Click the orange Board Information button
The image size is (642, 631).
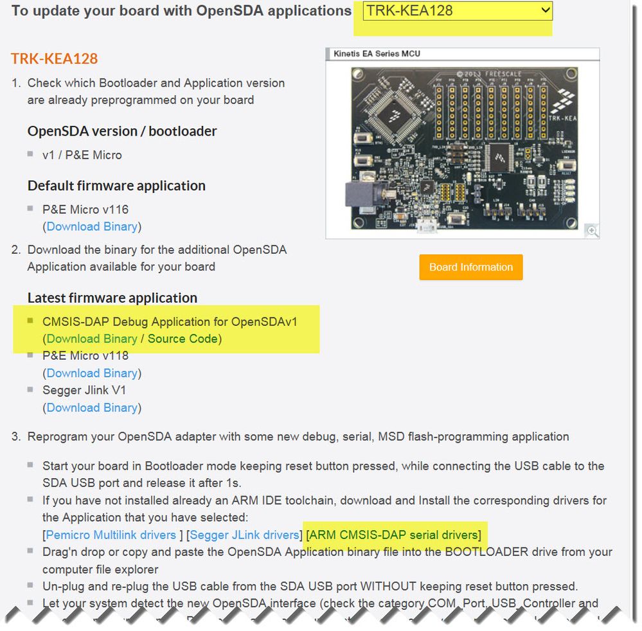point(471,267)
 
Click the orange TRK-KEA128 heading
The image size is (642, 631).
point(54,58)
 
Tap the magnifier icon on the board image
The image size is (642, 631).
point(592,231)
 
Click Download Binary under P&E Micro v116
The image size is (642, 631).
point(92,226)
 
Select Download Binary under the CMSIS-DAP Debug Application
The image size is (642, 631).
point(92,339)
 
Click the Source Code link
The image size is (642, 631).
point(183,339)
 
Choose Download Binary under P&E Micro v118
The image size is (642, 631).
point(92,373)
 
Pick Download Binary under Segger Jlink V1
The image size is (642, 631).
point(92,407)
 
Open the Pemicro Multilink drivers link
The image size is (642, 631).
point(111,535)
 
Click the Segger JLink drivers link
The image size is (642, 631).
point(245,535)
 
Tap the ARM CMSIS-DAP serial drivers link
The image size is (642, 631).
point(393,535)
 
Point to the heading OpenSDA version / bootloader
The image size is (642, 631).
point(122,131)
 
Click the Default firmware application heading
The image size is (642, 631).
point(116,186)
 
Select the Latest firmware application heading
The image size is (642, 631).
point(112,298)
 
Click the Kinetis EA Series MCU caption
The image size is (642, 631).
point(377,54)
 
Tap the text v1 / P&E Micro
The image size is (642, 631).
point(82,155)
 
